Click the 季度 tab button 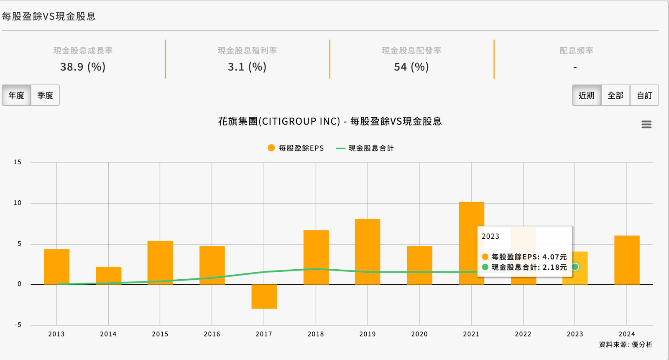tap(45, 95)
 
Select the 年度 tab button tap(16, 95)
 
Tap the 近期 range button tap(586, 95)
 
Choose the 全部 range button tap(615, 95)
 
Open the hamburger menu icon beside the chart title tap(646, 125)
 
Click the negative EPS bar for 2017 tap(264, 296)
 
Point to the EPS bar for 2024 tap(627, 260)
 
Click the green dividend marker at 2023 tap(575, 267)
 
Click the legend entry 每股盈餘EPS tap(296, 148)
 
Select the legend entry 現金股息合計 tap(365, 148)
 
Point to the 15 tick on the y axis tap(17, 162)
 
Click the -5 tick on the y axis tap(18, 325)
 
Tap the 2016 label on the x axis tap(212, 334)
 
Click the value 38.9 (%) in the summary tap(83, 67)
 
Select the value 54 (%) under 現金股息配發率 tap(411, 67)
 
